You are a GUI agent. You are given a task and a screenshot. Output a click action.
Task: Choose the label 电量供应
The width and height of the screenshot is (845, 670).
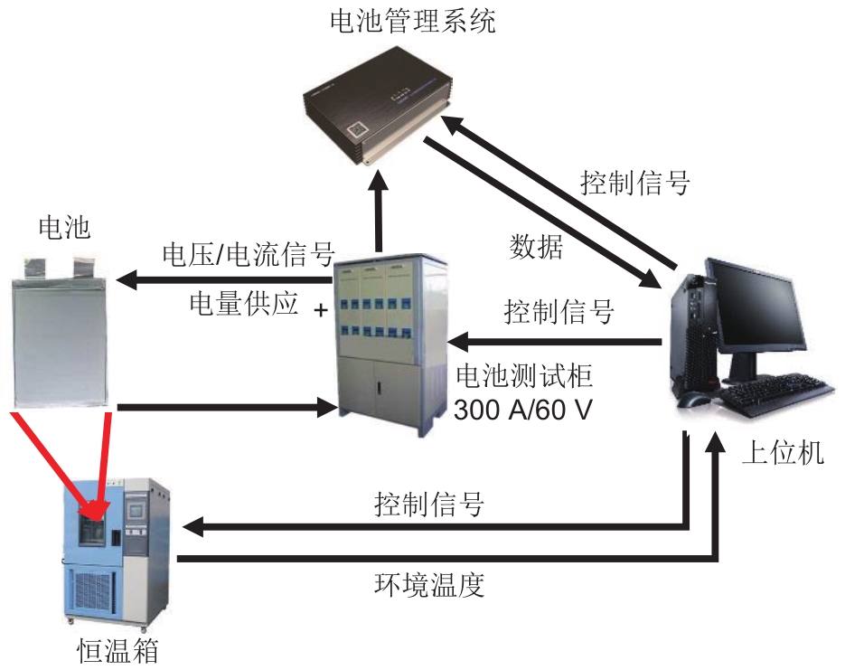click(x=243, y=303)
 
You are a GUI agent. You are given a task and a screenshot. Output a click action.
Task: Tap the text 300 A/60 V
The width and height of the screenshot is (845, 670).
click(x=523, y=410)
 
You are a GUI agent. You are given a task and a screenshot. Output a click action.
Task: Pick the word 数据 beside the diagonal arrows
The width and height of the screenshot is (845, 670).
click(x=536, y=247)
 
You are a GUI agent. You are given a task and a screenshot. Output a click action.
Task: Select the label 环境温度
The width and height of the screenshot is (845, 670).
click(x=429, y=584)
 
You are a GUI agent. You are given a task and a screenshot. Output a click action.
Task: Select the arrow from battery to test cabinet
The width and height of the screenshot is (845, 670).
click(x=226, y=408)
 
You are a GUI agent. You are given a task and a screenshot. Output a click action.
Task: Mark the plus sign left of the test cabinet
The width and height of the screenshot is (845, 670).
click(x=320, y=310)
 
